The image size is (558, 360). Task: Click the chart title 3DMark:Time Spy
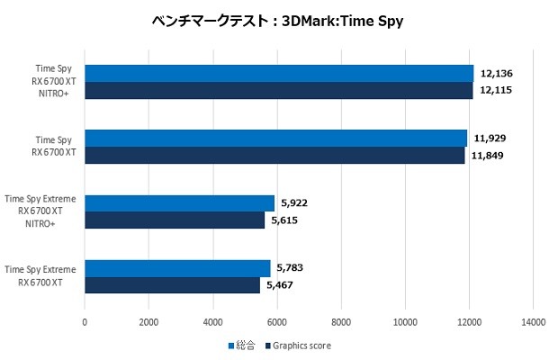tap(278, 21)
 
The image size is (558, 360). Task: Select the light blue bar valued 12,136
tap(279, 74)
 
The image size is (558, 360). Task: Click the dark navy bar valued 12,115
tap(278, 91)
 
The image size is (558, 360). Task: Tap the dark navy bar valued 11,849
tap(274, 156)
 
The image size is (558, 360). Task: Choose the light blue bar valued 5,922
tap(179, 203)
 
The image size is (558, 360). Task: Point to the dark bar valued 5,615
tap(175, 220)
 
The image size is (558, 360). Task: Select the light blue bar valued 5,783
tap(177, 268)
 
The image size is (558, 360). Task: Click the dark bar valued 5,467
tap(172, 285)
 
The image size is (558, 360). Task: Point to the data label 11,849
tap(487, 156)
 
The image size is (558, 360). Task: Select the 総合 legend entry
tap(243, 345)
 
